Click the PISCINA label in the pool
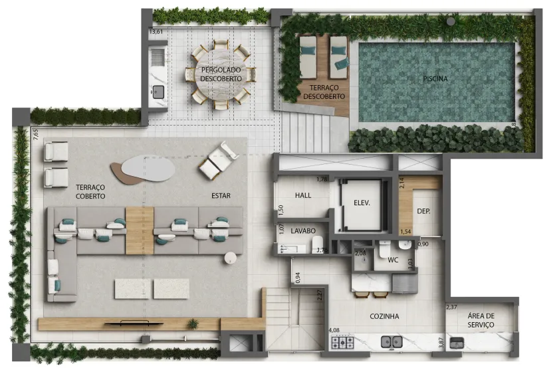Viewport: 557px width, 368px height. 435,79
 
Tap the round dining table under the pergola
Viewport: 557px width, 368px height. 221,74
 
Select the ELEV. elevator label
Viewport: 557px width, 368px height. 362,203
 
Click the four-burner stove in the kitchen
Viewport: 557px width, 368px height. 342,343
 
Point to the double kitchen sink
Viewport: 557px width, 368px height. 391,342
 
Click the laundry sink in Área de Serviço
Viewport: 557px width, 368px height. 457,343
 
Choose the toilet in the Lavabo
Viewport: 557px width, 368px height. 318,245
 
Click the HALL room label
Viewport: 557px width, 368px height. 303,195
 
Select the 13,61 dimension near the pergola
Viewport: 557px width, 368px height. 156,32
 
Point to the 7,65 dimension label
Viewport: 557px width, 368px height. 35,134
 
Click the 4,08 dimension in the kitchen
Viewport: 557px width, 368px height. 334,330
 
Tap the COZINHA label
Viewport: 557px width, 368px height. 384,316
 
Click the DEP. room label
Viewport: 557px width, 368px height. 423,211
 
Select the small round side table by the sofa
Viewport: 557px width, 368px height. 230,258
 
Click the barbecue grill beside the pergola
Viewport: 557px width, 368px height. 158,56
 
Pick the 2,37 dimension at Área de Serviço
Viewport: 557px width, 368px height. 451,308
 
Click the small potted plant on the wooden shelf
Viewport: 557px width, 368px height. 193,323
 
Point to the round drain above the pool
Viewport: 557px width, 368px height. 451,21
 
